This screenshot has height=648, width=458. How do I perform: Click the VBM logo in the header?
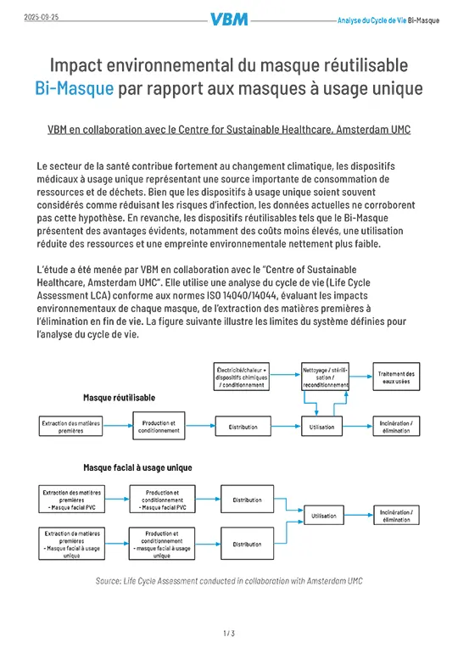coord(229,20)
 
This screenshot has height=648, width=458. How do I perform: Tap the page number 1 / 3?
coord(229,633)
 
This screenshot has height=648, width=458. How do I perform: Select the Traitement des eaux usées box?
coord(396,377)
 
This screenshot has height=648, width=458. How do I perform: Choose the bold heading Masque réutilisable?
coord(118,397)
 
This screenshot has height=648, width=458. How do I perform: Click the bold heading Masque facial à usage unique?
coord(137,467)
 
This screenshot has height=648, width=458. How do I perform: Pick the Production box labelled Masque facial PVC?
coord(161,500)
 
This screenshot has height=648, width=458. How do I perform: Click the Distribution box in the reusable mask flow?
coord(243,427)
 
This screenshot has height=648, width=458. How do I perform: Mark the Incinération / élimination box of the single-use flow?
coord(396,516)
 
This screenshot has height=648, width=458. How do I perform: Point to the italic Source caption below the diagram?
coord(229,581)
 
